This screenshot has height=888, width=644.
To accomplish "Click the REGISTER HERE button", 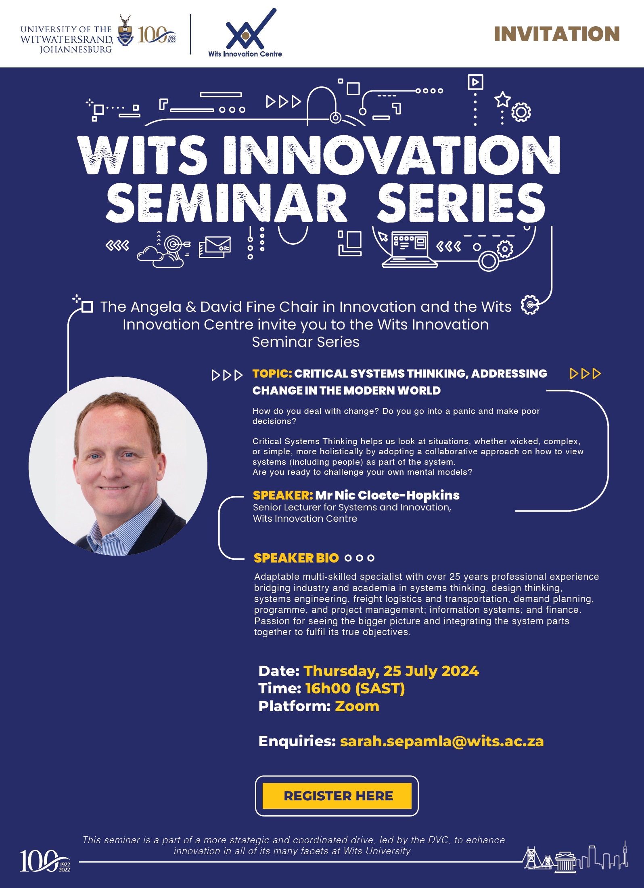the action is point(337,796).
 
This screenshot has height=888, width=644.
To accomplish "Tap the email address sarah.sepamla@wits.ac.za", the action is point(442,741).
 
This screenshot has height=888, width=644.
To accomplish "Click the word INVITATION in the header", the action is point(557,34).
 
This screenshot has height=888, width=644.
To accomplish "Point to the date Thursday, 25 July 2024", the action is point(391,671).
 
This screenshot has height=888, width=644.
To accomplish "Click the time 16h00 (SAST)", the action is point(355,689).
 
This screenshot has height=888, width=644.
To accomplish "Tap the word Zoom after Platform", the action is point(357,706).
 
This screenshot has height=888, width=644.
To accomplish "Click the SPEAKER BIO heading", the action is point(296,558).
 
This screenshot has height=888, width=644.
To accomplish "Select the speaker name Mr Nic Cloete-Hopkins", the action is point(387,495).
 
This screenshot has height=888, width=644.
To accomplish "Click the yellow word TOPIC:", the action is point(272,374).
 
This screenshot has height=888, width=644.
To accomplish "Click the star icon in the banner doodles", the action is point(503,99).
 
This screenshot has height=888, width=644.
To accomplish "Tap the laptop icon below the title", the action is point(410,249).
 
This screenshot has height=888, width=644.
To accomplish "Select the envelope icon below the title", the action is point(215,247).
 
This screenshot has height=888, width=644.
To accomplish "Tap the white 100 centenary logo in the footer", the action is point(45,861).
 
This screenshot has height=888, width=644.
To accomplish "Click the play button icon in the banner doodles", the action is point(475,82).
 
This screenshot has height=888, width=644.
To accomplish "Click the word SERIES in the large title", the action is point(461,203).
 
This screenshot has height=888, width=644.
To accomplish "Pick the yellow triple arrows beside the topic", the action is point(585,374).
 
